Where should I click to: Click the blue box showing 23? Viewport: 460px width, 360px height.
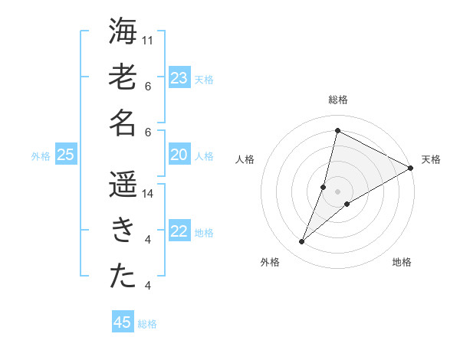tap(179, 77)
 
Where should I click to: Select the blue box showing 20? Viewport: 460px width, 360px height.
tap(179, 155)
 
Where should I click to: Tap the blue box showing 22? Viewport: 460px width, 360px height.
tap(179, 232)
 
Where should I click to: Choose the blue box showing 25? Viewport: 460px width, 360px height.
tap(66, 155)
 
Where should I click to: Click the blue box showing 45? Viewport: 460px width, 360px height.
tap(123, 322)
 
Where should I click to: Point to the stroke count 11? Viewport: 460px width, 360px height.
tap(148, 40)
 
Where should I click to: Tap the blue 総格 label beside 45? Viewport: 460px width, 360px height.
tap(147, 324)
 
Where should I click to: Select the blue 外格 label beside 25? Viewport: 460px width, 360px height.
tap(41, 156)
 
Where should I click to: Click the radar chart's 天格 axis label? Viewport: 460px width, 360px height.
tap(431, 159)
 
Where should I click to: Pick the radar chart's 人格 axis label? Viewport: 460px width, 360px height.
tap(245, 159)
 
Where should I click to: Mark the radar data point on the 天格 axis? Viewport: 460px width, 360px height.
tap(410, 168)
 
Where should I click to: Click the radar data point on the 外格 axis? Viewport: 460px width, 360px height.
tap(302, 242)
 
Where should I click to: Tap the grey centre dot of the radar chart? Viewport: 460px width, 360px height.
tap(338, 191)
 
